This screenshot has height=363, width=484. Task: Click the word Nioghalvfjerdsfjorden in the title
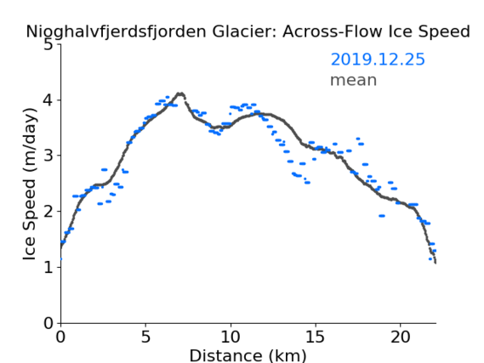[116, 32]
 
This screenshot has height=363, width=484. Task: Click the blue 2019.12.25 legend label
[378, 60]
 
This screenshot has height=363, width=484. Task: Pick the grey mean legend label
[354, 81]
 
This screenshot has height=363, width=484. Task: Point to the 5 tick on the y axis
[48, 45]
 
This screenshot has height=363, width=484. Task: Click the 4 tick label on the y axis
[48, 100]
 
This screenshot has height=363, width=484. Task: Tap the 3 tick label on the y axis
[48, 156]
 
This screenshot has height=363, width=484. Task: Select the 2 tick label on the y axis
[48, 212]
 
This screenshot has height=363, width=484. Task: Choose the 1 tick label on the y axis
[48, 267]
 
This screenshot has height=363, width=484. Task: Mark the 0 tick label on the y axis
[48, 323]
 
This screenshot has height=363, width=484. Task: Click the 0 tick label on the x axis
[60, 337]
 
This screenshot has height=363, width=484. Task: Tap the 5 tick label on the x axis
[145, 337]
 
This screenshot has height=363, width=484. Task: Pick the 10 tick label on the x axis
[231, 337]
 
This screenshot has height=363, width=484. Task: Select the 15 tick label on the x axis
[316, 337]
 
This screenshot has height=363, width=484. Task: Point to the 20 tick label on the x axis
[400, 337]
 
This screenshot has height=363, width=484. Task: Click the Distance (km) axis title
[248, 355]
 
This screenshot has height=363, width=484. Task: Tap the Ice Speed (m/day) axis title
[30, 184]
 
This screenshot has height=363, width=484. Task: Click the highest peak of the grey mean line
[180, 94]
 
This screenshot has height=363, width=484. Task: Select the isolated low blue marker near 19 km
[382, 216]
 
